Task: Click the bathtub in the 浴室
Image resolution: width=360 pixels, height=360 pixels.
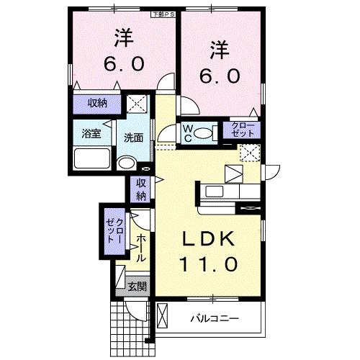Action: click(91, 158)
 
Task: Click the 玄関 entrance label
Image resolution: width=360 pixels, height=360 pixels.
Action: click(136, 287)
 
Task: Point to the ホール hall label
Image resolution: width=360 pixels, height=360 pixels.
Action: click(141, 247)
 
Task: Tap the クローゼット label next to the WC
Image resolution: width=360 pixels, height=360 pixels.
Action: click(239, 130)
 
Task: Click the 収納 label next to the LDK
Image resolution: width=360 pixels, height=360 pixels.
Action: click(141, 189)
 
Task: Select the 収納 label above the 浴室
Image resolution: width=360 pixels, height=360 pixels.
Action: click(98, 104)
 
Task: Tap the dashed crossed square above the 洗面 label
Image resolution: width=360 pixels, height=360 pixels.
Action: click(135, 103)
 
